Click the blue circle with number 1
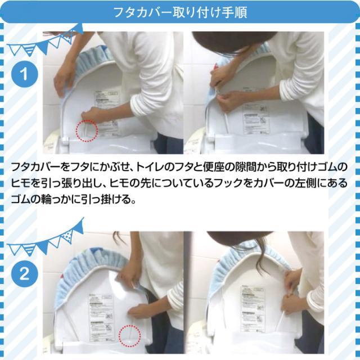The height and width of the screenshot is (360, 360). click(25, 74)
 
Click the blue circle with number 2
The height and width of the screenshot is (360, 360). click(25, 274)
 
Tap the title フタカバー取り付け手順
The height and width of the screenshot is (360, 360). click(180, 12)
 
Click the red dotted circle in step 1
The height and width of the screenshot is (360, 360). click(87, 130)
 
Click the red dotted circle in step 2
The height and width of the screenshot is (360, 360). click(130, 336)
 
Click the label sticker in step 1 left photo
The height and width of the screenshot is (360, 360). click(107, 112)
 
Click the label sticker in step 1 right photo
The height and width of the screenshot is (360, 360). click(255, 119)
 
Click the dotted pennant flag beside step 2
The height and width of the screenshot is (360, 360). click(67, 236)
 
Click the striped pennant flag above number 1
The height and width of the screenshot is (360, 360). click(29, 49)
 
